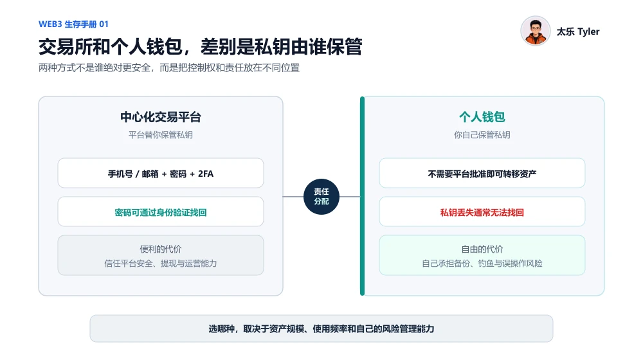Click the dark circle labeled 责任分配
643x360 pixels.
[321, 197]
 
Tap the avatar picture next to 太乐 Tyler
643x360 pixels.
[535, 31]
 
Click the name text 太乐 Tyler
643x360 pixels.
[578, 32]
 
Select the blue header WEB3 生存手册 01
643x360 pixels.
[73, 24]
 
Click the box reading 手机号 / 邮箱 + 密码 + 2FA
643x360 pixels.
[161, 173]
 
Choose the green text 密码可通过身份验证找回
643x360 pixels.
[161, 212]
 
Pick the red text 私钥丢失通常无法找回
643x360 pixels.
[482, 212]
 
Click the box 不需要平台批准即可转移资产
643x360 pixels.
[482, 173]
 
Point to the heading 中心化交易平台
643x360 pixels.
[161, 117]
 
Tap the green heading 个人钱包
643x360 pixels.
[482, 117]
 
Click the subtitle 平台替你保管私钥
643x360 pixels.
[161, 135]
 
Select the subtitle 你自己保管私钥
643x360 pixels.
[482, 135]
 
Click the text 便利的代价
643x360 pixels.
[161, 249]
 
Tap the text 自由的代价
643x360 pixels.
[482, 249]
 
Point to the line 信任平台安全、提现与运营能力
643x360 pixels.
[161, 263]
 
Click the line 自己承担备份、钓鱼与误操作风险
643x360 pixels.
[482, 263]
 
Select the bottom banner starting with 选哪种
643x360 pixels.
[321, 328]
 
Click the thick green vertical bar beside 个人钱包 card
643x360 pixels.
[362, 196]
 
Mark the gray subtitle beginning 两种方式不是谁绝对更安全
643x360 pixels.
[169, 67]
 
